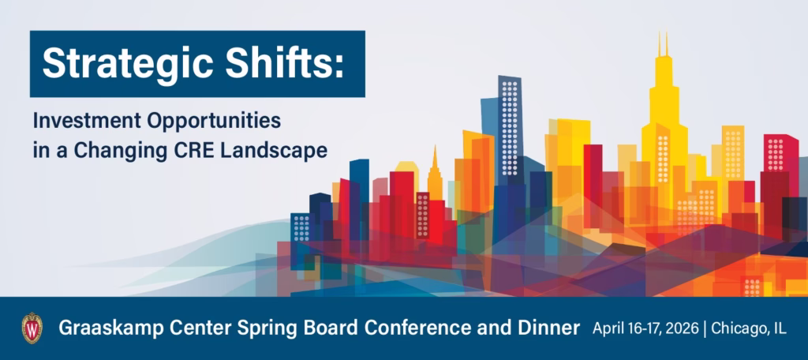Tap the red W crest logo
point(32,328)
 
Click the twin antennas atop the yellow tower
point(663,43)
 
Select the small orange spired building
point(435,175)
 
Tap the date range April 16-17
point(619,328)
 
